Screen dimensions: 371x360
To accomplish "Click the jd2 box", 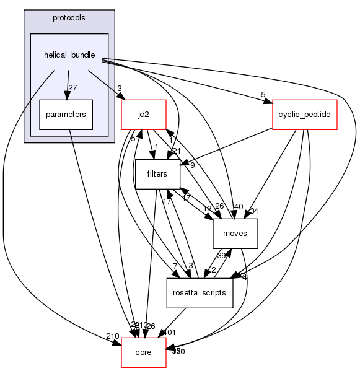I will tap(143, 115).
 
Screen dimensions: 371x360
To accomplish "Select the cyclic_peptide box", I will tap(304, 115).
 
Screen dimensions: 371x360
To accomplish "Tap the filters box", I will tap(157, 174).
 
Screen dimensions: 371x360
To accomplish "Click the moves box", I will tap(235, 234).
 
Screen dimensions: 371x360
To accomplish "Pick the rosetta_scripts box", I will tap(200, 293).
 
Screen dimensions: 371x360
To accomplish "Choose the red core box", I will tap(143, 352).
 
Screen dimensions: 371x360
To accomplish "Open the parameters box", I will tap(66, 115).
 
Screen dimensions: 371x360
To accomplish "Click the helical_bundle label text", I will tap(69, 55).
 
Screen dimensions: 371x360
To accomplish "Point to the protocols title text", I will tap(69, 17).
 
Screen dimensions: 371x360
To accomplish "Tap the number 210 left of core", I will tap(112, 336).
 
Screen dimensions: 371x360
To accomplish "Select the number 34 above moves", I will tap(253, 211).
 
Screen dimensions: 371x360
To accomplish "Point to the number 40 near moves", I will tap(238, 206).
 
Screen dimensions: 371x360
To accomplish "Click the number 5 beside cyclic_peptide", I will tap(263, 95).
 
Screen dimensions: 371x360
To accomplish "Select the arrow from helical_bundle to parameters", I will tap(68, 84).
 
